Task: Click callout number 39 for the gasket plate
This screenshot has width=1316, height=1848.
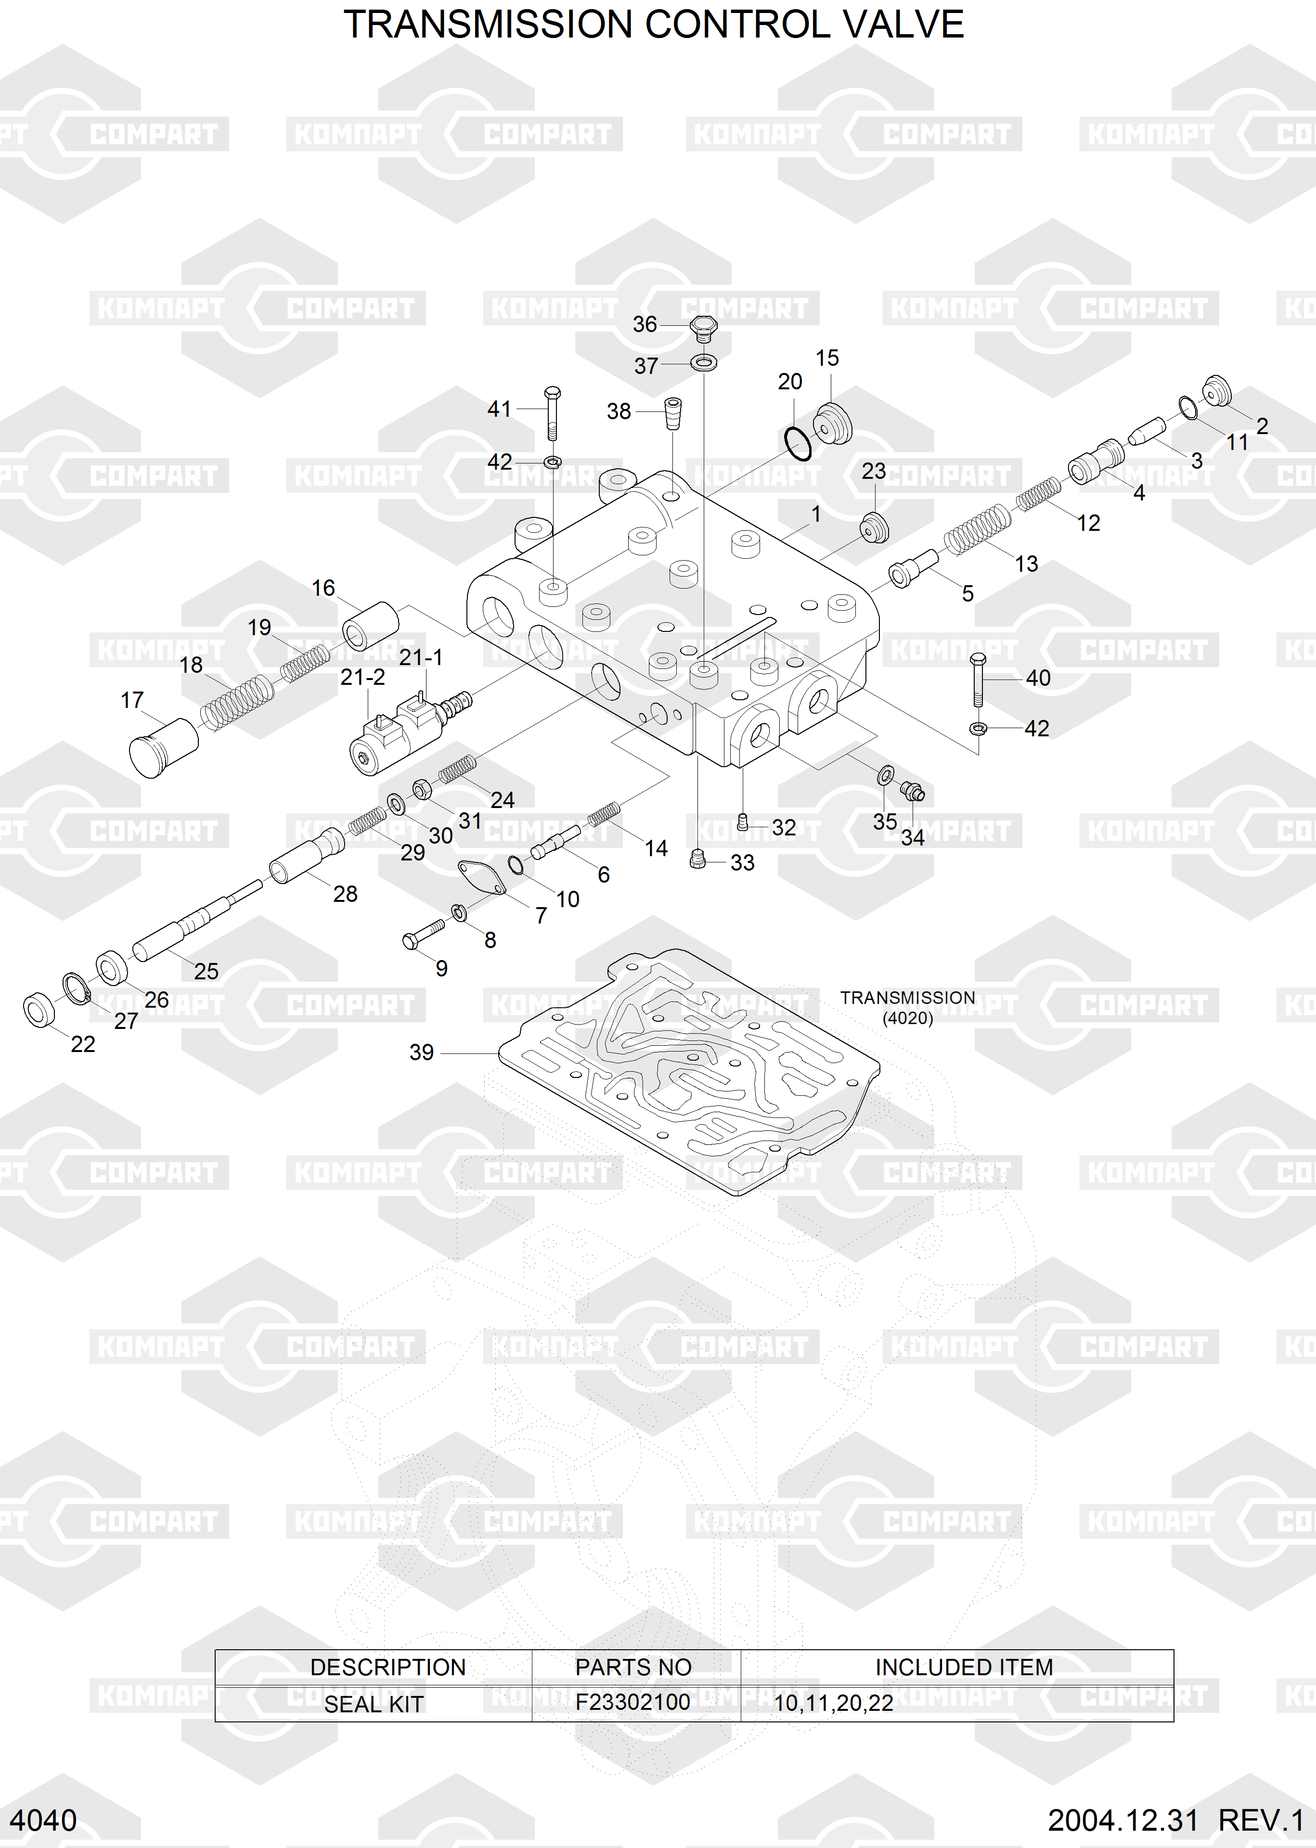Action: point(421,1052)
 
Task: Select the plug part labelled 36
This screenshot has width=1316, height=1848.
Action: point(703,328)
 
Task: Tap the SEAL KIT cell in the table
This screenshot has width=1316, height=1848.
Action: point(374,1704)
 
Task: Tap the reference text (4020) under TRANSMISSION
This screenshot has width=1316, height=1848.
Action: point(908,1018)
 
